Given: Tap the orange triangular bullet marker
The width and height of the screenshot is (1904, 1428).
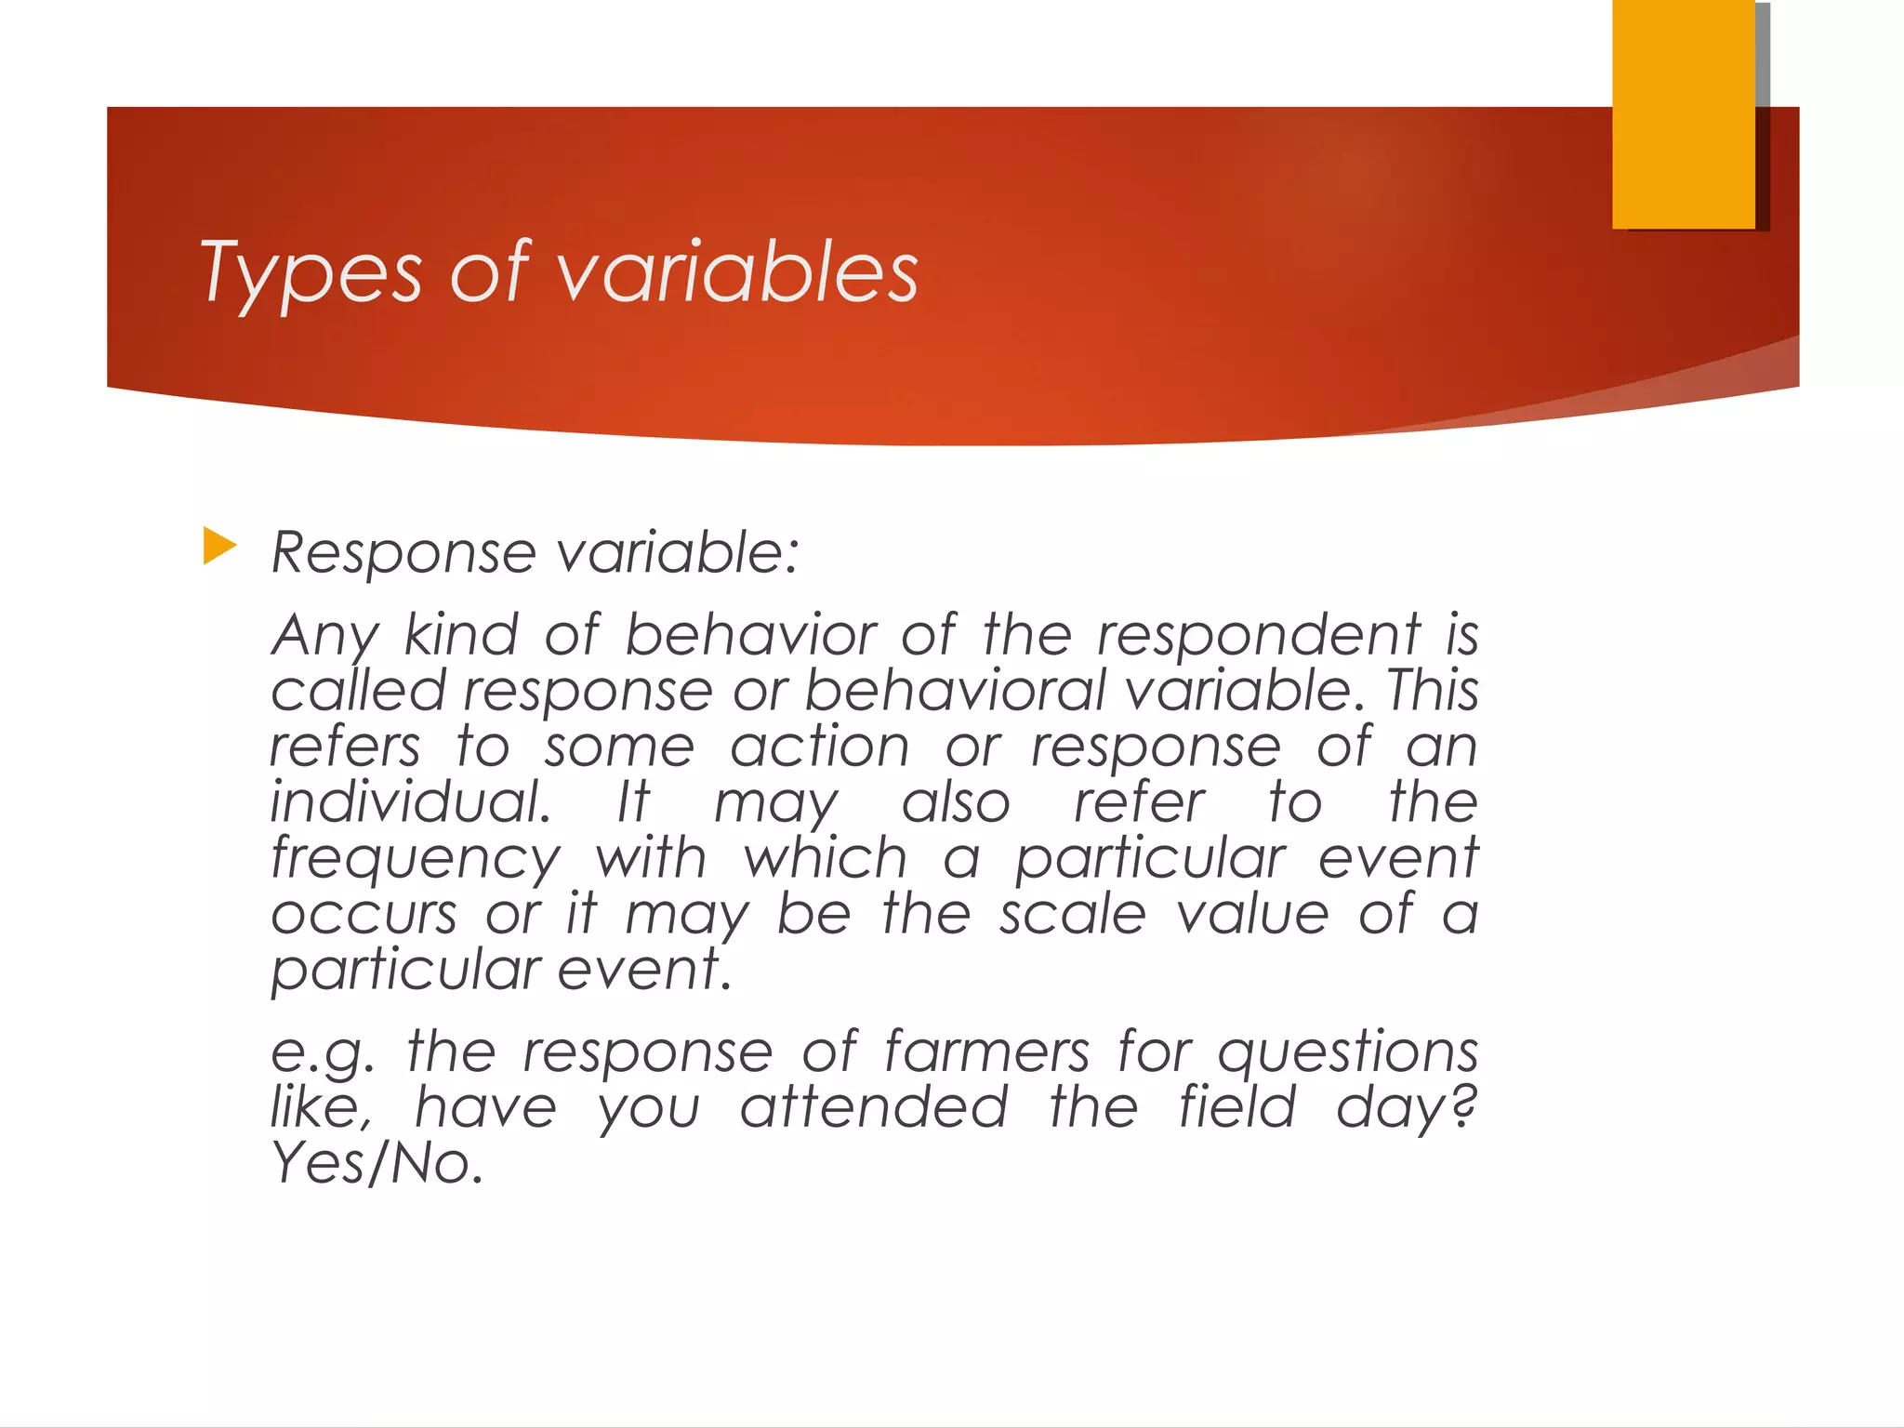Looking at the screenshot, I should [218, 546].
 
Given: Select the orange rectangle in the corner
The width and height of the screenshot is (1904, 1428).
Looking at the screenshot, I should [1683, 113].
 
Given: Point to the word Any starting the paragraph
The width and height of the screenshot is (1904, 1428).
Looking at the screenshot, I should [324, 636].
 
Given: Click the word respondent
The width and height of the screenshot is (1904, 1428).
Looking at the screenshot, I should [1259, 636].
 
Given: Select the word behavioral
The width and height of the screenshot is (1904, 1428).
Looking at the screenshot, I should [954, 691].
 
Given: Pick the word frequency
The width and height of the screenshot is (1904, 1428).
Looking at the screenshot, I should [416, 859].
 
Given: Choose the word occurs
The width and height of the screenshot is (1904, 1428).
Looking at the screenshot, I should [364, 914].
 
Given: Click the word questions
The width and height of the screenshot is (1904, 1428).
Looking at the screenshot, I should [1347, 1053].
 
